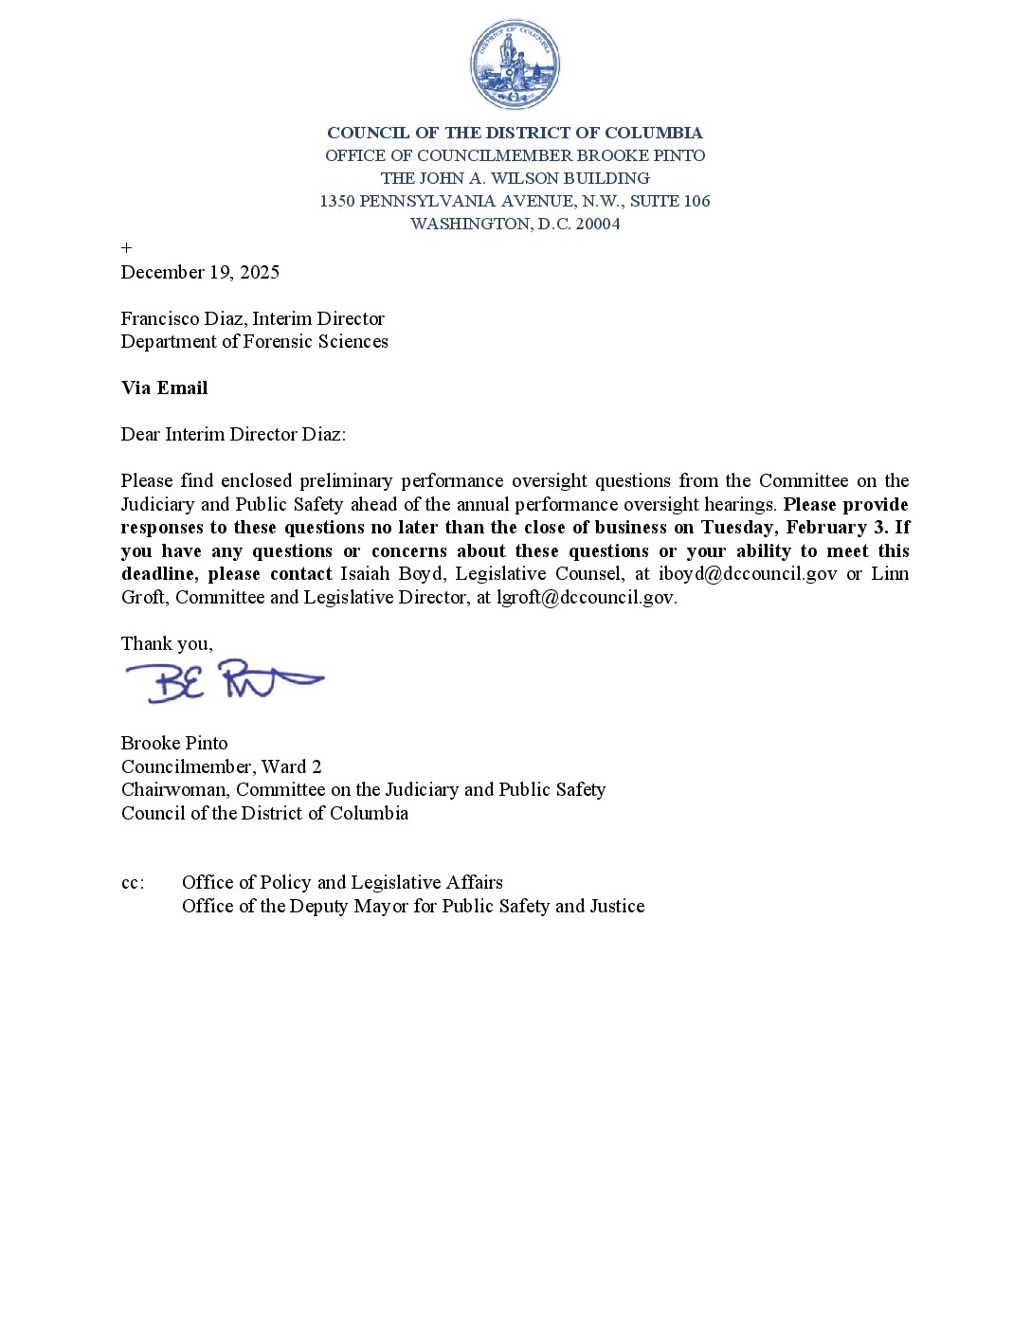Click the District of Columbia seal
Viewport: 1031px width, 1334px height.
[515, 64]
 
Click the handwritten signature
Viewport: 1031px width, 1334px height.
[225, 680]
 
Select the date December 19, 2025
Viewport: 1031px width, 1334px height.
[200, 273]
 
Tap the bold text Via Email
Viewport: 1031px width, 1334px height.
[164, 388]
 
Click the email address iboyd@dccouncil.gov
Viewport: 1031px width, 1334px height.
[748, 574]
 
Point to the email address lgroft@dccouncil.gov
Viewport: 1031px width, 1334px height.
[586, 598]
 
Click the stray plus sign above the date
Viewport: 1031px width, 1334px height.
[126, 248]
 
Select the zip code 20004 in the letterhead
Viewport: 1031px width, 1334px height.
[598, 225]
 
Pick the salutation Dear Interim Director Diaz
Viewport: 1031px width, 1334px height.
[233, 435]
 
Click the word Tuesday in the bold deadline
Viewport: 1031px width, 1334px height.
[738, 528]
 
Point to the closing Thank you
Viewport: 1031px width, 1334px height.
[167, 644]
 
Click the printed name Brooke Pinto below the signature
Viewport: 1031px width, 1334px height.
[174, 744]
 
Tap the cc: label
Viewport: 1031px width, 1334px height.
[133, 883]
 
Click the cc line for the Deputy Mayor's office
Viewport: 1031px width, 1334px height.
[413, 907]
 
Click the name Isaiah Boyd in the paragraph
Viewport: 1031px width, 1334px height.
[391, 574]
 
